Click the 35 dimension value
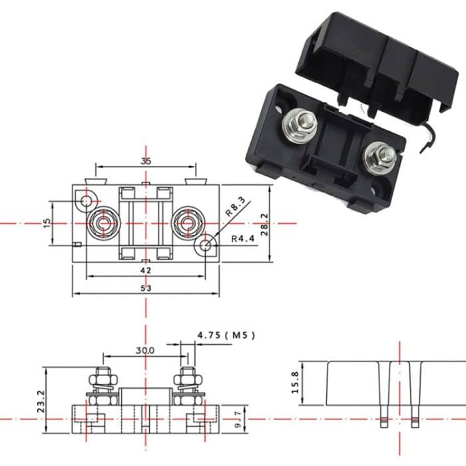(x=146, y=160)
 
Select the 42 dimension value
(x=146, y=270)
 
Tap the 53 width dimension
(x=146, y=288)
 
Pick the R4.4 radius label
(x=244, y=238)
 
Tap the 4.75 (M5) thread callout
(x=227, y=335)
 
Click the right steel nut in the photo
(x=381, y=156)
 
